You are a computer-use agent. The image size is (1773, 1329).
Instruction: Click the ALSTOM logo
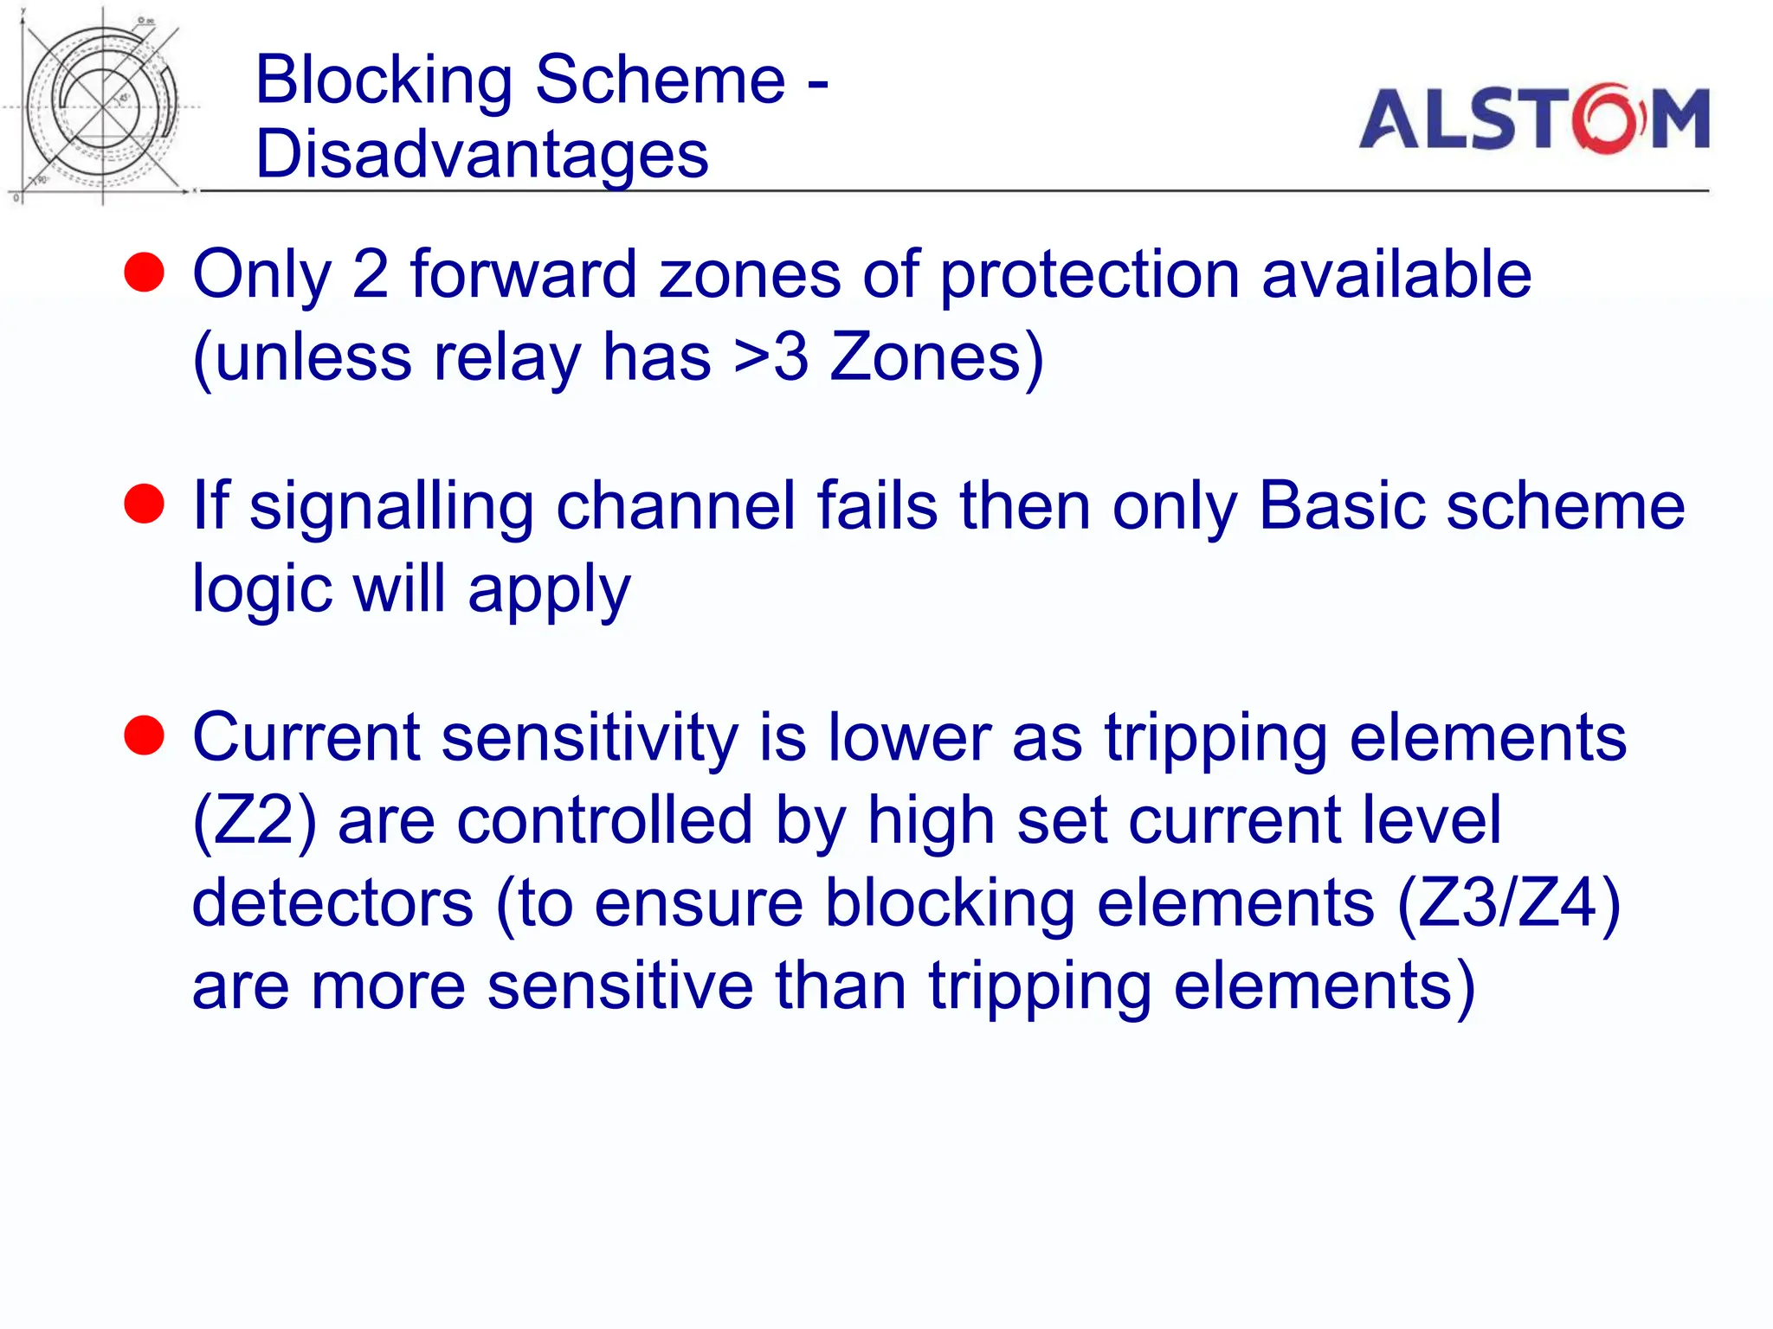click(1533, 119)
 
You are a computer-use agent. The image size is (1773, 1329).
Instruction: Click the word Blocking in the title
click(384, 80)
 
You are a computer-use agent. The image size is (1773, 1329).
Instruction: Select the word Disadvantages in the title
click(482, 155)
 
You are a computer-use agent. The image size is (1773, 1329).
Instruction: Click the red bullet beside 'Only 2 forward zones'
click(144, 273)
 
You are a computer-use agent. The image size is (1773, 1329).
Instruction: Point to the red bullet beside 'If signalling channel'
click(144, 504)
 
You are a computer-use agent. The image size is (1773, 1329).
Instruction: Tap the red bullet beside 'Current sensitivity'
click(144, 735)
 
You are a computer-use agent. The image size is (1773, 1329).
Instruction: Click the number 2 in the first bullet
click(371, 274)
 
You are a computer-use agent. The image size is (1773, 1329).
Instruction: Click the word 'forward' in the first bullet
click(523, 274)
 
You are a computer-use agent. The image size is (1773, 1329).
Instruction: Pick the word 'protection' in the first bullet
click(1090, 276)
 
